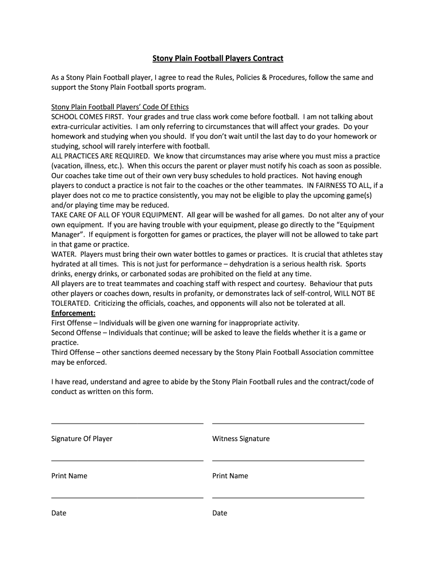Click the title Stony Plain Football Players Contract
(218, 58)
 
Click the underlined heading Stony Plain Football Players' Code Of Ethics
(120, 107)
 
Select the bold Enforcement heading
(74, 313)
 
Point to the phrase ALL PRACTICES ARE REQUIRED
(100, 155)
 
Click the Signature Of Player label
(82, 439)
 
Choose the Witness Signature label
(241, 439)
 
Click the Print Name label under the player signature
(69, 476)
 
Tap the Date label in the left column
(59, 513)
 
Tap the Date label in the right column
(220, 513)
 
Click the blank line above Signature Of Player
(127, 422)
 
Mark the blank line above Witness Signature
(288, 422)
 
